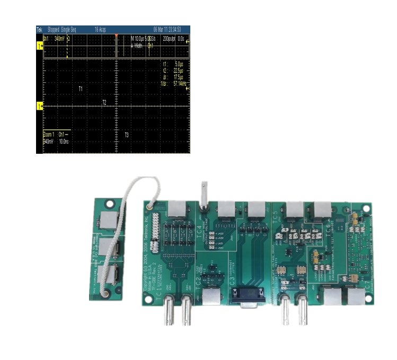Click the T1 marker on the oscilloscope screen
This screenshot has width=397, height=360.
tap(81, 89)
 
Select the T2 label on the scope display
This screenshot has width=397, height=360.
tap(104, 102)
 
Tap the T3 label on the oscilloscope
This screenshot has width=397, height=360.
tap(126, 135)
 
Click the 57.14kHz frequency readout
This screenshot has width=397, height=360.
tap(175, 84)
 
